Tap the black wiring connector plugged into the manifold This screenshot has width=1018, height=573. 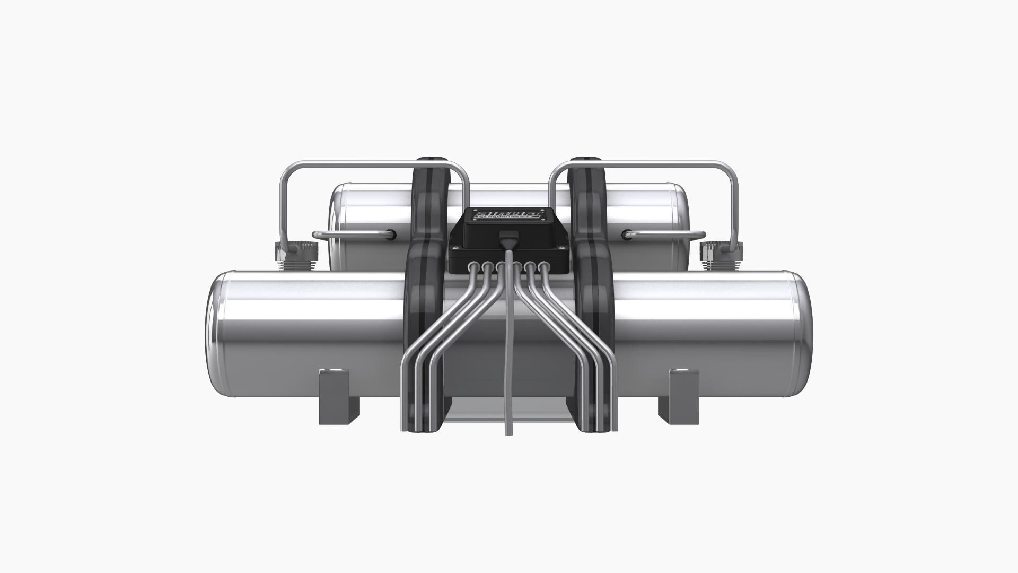[x=508, y=238]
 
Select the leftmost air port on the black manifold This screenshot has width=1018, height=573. [x=472, y=266]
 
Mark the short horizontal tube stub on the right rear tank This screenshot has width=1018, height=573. [x=665, y=234]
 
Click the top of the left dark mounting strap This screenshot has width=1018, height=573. [x=430, y=160]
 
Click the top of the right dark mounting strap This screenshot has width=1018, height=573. [x=587, y=160]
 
